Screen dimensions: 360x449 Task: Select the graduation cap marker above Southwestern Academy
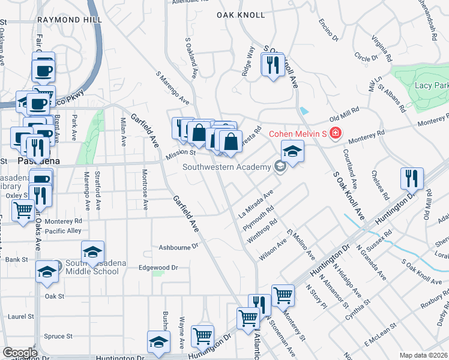[292, 151]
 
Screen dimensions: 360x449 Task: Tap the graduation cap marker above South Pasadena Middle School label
[92, 252]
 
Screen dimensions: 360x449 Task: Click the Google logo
[20, 353]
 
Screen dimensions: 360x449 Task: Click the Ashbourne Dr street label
[178, 247]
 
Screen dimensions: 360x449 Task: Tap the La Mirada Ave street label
[256, 203]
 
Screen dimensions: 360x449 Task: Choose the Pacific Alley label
[62, 230]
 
